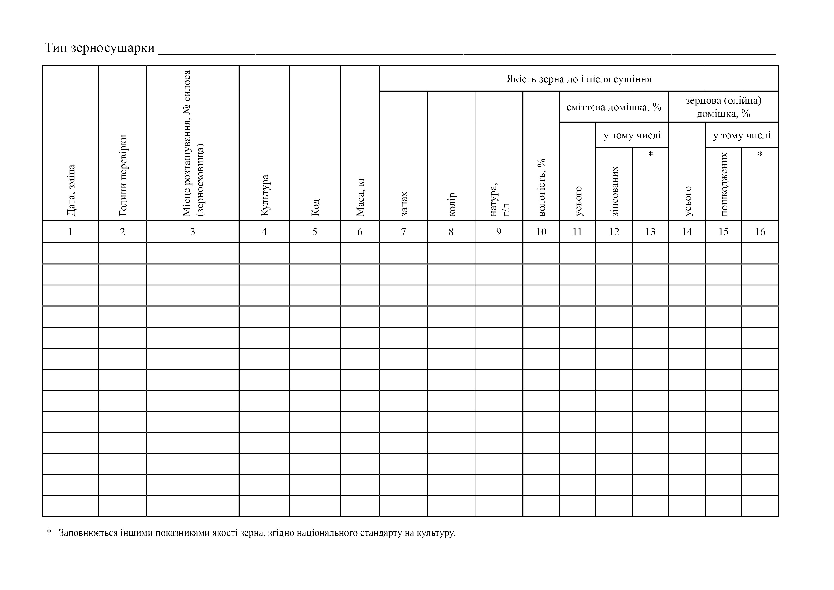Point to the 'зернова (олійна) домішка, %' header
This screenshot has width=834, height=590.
coord(723,107)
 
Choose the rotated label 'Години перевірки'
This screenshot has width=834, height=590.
coord(123,175)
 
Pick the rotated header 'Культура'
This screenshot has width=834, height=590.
coord(265,195)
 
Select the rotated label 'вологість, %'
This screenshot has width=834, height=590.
coord(541,187)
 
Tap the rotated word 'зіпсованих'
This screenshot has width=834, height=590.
coord(614,191)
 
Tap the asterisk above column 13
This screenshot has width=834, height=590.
coord(650,154)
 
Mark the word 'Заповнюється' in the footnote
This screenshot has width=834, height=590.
coord(87,533)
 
